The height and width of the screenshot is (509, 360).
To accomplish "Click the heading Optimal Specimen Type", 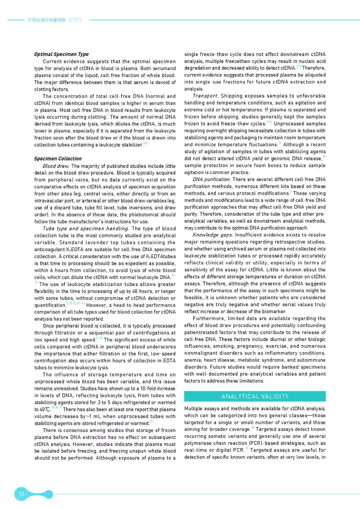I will point(61,54).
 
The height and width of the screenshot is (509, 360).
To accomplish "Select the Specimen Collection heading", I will point(58,159).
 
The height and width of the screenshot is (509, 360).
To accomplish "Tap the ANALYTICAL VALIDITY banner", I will point(255,396).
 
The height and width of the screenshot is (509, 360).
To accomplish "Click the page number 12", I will point(21,494).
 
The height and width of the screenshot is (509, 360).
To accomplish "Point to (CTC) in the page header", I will point(74,20).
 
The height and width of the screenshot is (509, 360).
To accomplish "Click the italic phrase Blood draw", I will point(56,166).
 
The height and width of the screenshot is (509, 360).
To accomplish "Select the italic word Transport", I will point(205,96).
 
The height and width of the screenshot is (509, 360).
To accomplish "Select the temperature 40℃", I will point(42,410).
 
